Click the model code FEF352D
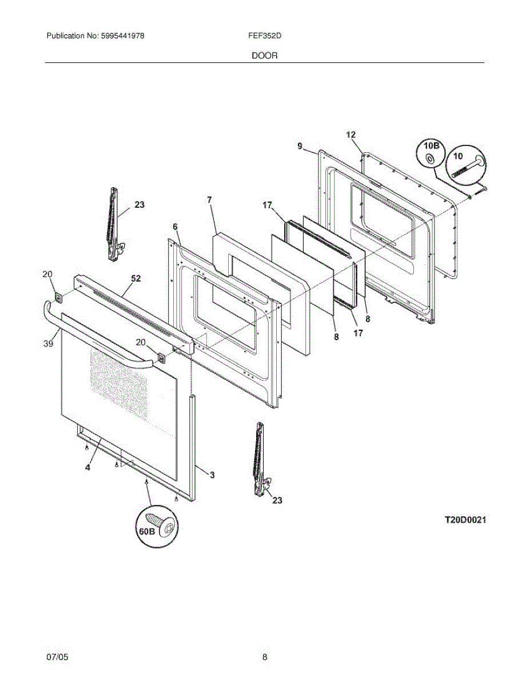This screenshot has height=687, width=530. tap(264, 35)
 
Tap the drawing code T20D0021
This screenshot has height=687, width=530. tap(465, 520)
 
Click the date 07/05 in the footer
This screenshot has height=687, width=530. tap(57, 657)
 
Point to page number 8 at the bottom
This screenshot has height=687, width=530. tap(265, 657)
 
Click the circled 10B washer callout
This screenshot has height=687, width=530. tap(432, 152)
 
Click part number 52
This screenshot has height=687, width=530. tap(136, 279)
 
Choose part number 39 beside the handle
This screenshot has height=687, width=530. tap(48, 343)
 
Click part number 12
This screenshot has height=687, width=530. tap(351, 135)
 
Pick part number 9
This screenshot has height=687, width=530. tap(300, 147)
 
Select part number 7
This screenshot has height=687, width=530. tap(210, 200)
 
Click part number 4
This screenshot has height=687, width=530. tap(87, 467)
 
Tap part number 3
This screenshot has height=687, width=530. tap(212, 475)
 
